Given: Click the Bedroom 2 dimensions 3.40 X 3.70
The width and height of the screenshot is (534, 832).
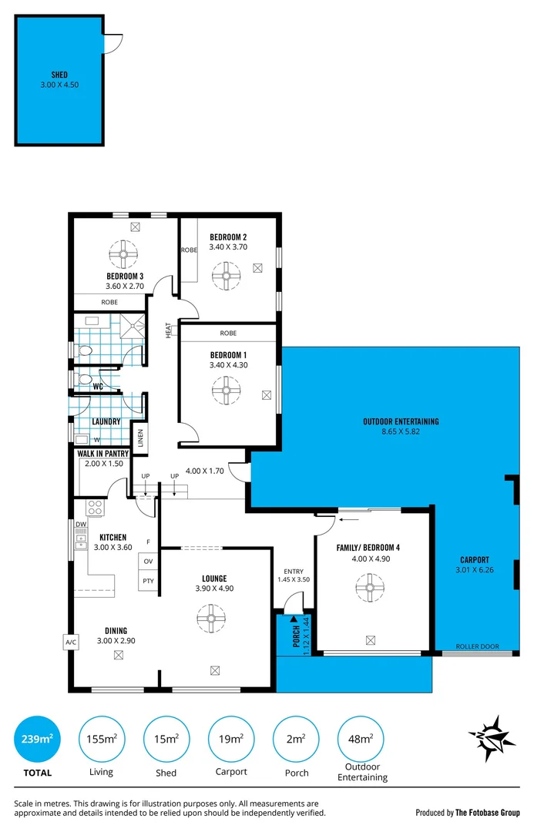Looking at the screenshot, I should click(227, 248).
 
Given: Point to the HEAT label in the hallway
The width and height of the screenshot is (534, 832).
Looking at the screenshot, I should click(168, 329).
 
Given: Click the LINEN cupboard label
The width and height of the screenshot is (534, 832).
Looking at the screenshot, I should click(140, 438).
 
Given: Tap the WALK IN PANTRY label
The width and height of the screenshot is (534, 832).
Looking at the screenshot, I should click(102, 454).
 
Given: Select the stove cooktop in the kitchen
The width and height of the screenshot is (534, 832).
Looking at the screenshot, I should click(96, 508).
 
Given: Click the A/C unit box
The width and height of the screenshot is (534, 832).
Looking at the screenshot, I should click(71, 642).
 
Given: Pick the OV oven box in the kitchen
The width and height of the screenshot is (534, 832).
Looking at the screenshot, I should click(148, 562).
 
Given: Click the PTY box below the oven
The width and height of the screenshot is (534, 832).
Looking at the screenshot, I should click(148, 582).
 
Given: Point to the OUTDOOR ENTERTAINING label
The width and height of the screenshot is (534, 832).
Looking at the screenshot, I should click(401, 421).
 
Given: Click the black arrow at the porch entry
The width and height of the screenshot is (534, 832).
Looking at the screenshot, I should click(294, 619).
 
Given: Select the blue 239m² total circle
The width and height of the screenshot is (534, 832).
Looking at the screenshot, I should click(36, 740).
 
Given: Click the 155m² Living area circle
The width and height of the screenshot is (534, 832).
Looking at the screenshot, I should click(101, 740).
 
